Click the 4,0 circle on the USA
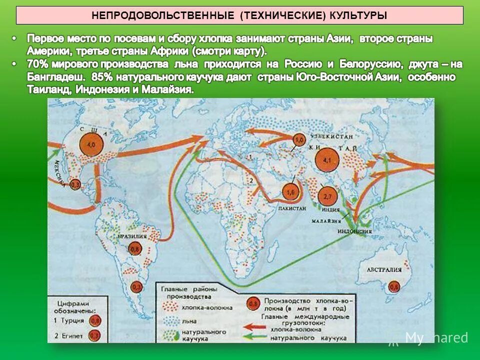[x=91, y=144]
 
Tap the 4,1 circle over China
[x=327, y=160]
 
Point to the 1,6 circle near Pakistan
[x=289, y=191]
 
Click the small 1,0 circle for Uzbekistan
[x=299, y=140]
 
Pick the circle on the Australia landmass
[x=394, y=286]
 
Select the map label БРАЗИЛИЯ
[x=131, y=236]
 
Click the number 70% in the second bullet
[x=37, y=64]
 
